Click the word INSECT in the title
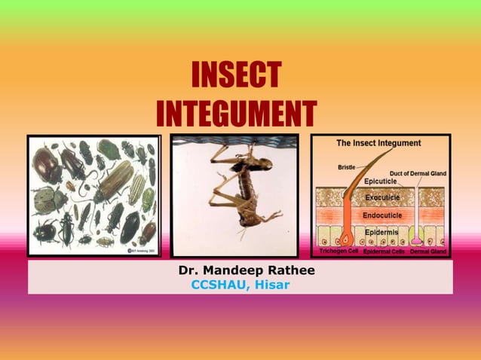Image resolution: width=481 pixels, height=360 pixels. (x=237, y=76)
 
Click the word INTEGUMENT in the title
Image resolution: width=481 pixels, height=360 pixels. (x=237, y=114)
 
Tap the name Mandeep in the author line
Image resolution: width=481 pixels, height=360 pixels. (x=234, y=270)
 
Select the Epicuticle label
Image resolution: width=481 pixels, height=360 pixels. (x=385, y=182)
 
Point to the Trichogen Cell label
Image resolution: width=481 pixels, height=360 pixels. (x=339, y=251)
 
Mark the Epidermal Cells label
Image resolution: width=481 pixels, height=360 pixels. (x=384, y=251)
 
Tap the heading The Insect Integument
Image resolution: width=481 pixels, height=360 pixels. (x=378, y=143)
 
